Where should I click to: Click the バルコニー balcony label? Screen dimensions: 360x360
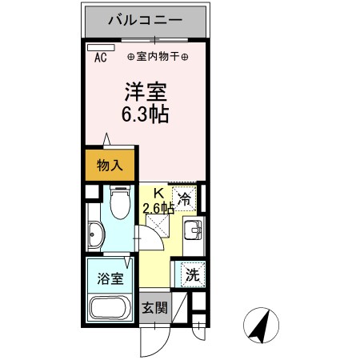[x=145, y=18]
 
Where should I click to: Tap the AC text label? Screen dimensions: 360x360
[x=101, y=58]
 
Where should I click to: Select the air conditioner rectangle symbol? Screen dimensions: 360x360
[x=96, y=48]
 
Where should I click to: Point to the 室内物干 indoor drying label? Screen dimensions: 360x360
[x=158, y=58]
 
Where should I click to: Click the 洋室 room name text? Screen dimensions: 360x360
[x=145, y=90]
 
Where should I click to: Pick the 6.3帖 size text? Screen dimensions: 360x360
[x=145, y=114]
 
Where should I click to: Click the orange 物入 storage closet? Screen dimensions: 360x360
[x=110, y=166]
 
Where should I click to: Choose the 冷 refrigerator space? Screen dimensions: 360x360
[x=184, y=200]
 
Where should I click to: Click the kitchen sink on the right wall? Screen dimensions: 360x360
[x=192, y=234]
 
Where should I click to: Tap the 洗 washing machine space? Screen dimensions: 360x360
[x=191, y=274]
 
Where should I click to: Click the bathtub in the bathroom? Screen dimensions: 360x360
[x=110, y=308]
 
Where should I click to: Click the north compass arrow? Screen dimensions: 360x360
[x=260, y=326]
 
